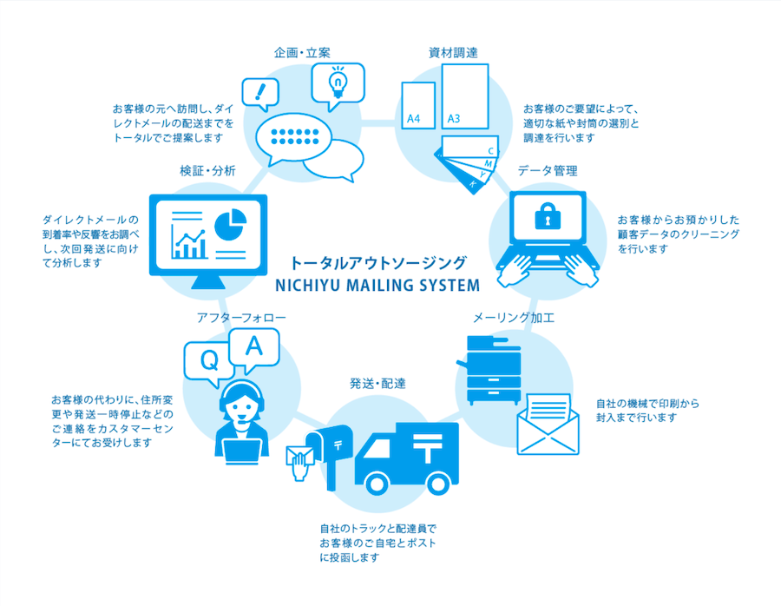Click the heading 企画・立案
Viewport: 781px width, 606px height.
pos(302,53)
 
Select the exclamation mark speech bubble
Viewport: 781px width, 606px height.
pos(260,94)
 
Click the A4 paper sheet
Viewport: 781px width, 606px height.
pos(418,105)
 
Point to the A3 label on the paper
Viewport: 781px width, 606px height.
pos(453,119)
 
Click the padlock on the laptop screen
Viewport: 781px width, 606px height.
pos(548,216)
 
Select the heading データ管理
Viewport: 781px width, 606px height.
pos(548,171)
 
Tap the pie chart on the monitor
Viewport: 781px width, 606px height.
pos(230,224)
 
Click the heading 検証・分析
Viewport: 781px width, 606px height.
pos(207,171)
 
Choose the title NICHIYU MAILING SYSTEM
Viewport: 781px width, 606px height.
pos(377,286)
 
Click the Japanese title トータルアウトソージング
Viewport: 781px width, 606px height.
pos(378,263)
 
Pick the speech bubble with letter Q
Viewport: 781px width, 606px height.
pos(208,363)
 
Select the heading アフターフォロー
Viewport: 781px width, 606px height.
pos(241,318)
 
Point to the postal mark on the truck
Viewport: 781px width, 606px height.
pos(427,446)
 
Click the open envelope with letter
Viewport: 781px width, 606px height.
pos(548,424)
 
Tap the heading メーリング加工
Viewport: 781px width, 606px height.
pos(513,318)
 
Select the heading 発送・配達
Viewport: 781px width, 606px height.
pos(377,384)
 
